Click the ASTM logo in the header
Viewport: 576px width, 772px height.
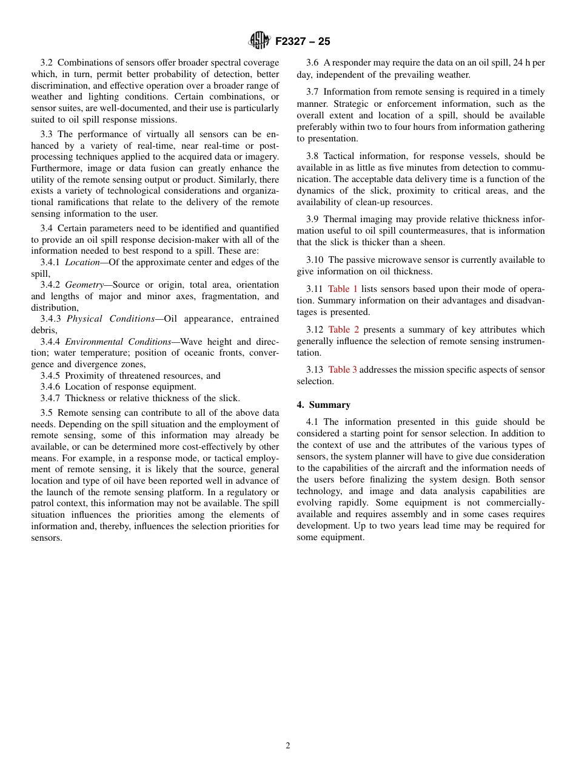pos(259,41)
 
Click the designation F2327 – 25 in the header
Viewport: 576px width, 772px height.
pos(303,41)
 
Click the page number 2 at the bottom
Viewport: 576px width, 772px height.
pos(288,746)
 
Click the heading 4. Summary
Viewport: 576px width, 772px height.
pos(324,405)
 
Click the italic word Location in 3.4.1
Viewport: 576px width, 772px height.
pos(82,262)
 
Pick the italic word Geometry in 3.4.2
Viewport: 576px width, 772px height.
pos(84,285)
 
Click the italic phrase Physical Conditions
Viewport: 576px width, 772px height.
pos(110,319)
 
